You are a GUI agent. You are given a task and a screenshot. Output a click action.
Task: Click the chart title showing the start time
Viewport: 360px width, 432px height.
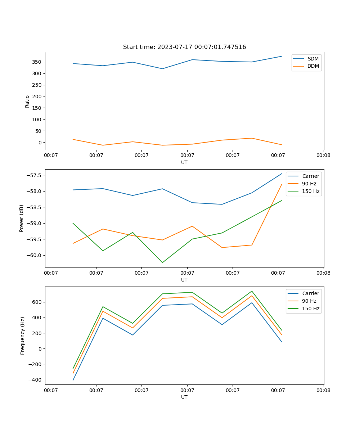tap(184, 47)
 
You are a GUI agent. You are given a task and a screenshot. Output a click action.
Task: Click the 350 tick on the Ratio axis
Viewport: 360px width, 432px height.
tap(37, 62)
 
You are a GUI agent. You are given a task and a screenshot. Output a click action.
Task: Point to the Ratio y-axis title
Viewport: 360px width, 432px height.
tap(27, 101)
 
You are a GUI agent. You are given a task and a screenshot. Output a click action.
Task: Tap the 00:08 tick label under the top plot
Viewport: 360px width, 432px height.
tap(323, 156)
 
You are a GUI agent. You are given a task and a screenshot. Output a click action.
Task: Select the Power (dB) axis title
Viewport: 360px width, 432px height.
tap(22, 218)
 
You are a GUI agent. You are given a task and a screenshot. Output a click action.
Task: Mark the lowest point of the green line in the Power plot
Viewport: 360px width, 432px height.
tap(162, 262)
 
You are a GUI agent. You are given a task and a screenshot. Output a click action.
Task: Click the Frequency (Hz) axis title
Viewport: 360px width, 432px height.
tap(22, 336)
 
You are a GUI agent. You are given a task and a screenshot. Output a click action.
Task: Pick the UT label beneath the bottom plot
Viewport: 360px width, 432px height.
tap(184, 397)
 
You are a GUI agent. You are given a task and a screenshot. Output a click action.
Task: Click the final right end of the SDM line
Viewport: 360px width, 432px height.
tap(282, 56)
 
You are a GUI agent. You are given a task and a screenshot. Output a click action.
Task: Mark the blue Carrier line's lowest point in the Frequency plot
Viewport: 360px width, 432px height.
tap(73, 380)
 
